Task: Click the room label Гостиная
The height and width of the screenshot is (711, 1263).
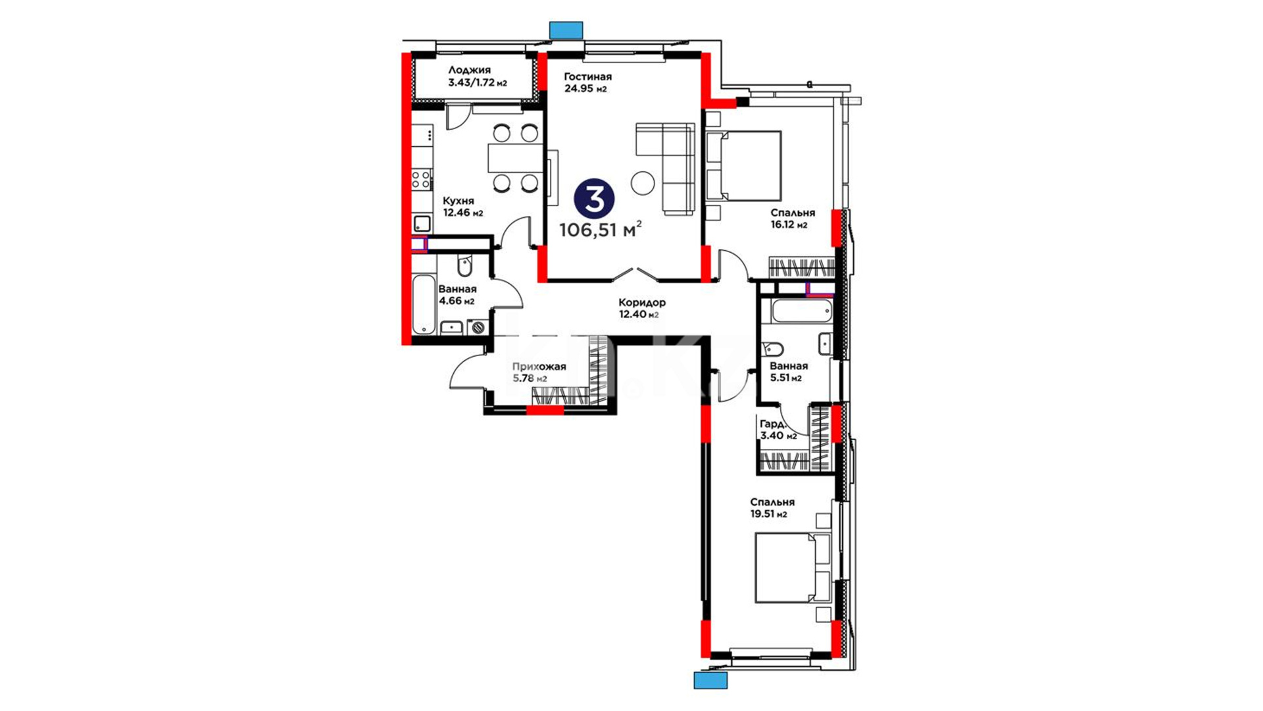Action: [x=587, y=77]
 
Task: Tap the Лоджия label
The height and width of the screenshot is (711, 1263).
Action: [x=469, y=70]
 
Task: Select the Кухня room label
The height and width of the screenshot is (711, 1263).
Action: [x=458, y=201]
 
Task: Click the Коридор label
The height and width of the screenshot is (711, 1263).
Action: [x=642, y=303]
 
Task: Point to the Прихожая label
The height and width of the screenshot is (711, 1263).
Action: [x=539, y=367]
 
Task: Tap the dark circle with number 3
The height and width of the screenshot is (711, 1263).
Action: [x=594, y=199]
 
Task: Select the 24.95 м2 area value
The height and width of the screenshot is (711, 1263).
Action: [x=585, y=89]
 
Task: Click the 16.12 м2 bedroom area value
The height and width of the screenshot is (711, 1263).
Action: [x=789, y=225]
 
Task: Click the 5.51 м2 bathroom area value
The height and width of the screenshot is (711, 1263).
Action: [x=785, y=378]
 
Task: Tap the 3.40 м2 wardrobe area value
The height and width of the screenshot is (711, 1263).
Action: [x=778, y=435]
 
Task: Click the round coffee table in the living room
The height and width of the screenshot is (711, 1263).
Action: [x=643, y=182]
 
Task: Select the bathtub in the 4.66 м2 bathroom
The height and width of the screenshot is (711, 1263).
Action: [x=424, y=305]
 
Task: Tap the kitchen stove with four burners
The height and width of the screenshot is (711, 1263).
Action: [x=421, y=180]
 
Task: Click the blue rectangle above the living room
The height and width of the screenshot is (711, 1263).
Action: [x=566, y=30]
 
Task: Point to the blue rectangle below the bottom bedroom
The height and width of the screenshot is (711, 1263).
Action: [x=710, y=680]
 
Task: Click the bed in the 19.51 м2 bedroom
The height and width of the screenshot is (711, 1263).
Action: [x=793, y=567]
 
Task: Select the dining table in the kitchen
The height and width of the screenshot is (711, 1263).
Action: [x=515, y=158]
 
